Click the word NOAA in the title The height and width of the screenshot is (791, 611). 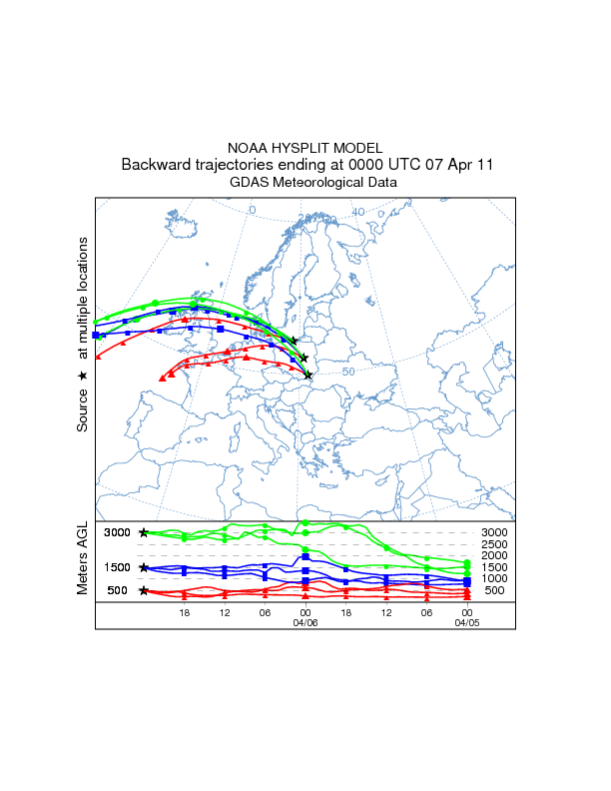249,147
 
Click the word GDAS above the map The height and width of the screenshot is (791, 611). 250,183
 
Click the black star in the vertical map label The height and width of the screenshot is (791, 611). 83,376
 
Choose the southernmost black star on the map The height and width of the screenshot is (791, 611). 308,376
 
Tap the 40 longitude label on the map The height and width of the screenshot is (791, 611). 357,212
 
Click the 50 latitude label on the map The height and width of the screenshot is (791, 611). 348,372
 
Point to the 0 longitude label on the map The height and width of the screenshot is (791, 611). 252,210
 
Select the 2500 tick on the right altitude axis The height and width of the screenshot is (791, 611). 495,544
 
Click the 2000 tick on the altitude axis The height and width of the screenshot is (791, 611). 495,555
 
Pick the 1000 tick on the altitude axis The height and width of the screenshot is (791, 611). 495,578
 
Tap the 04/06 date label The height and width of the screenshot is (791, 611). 305,621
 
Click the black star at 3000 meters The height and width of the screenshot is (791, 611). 145,533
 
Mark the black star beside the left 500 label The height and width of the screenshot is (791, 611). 145,590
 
